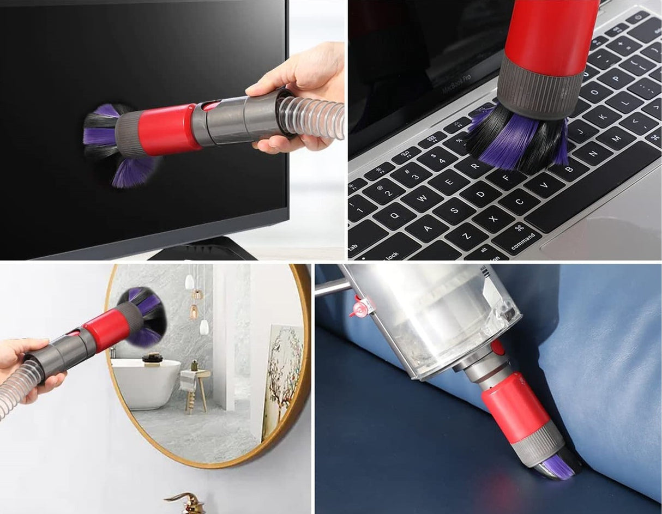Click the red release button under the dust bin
point(497,347)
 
